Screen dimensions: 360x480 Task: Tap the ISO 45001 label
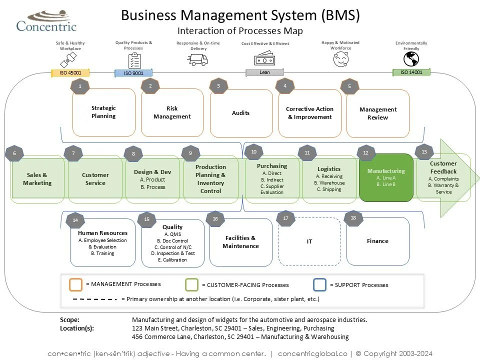[70, 73]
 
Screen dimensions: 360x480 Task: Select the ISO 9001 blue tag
[133, 73]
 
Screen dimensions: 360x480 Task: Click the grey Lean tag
[264, 72]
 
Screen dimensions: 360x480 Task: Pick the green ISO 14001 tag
[411, 72]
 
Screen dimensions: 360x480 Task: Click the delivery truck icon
[197, 59]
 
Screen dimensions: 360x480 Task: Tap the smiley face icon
[340, 59]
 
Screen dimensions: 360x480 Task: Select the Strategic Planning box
[103, 112]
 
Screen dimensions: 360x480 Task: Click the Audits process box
[240, 113]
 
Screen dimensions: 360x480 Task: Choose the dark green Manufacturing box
[386, 177]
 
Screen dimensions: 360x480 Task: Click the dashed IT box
[309, 241]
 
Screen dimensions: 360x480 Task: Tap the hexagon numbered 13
[424, 151]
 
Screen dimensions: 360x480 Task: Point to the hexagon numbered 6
[14, 153]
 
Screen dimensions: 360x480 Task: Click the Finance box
[377, 241]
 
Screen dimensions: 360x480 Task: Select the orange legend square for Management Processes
[75, 284]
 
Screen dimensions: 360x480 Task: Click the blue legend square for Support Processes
[320, 284]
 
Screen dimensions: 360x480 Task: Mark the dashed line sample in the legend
[94, 299]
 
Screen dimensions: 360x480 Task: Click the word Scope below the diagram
[69, 320]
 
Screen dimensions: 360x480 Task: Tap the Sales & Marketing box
[37, 179]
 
